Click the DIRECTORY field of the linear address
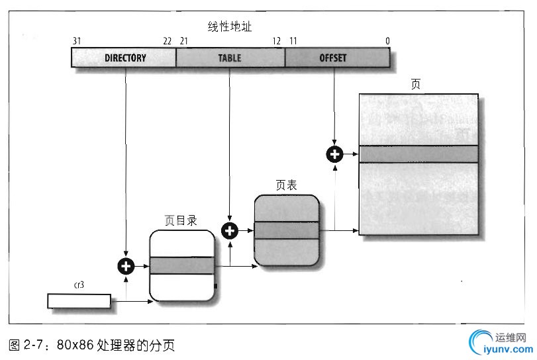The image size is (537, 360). click(x=124, y=58)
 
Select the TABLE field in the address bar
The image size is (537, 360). click(x=230, y=58)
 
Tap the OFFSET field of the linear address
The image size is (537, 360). click(x=333, y=58)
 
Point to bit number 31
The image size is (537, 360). click(x=77, y=41)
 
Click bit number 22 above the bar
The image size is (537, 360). click(x=167, y=41)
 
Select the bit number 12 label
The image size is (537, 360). click(x=277, y=41)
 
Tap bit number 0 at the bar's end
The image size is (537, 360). click(x=387, y=41)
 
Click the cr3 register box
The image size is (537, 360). click(x=79, y=301)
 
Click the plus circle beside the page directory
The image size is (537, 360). click(x=125, y=266)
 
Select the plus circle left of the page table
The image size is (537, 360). click(x=230, y=230)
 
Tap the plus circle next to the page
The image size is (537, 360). click(x=335, y=154)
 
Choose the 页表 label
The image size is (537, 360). click(x=286, y=185)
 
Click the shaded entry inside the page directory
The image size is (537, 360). click(x=182, y=266)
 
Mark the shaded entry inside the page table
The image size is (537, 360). click(x=287, y=230)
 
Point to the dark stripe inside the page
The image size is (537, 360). click(x=418, y=154)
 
